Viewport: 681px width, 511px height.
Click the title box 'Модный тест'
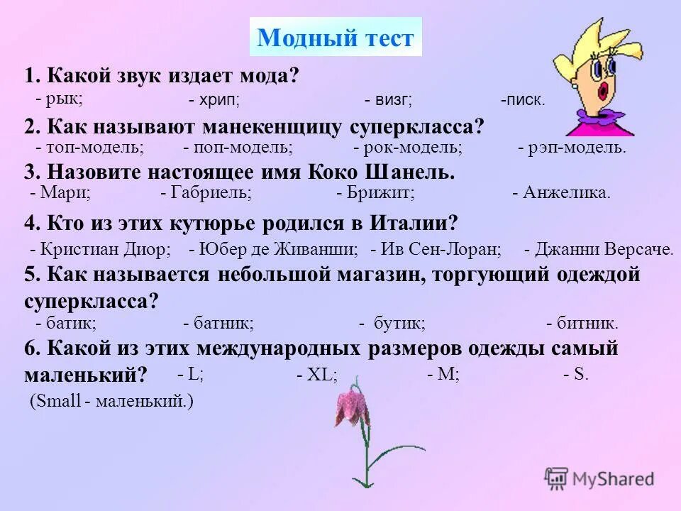coord(336,38)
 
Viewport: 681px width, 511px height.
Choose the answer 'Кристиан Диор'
coord(101,249)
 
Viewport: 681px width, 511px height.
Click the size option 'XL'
coord(317,375)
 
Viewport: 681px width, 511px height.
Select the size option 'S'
coord(576,374)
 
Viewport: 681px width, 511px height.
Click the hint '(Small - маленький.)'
coord(111,401)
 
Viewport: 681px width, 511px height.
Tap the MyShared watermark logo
coord(599,478)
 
